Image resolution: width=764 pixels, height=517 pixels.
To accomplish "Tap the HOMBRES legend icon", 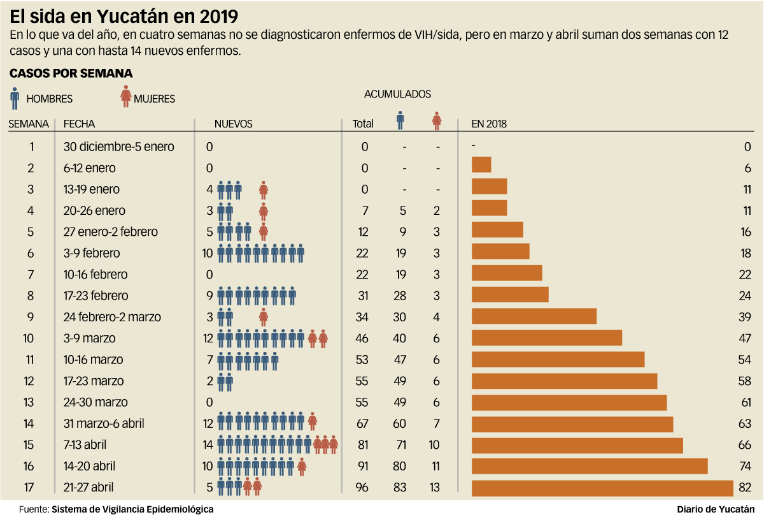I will (15, 98).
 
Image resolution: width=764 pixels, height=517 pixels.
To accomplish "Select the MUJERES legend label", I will (154, 99).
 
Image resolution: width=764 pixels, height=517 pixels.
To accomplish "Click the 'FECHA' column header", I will (79, 124).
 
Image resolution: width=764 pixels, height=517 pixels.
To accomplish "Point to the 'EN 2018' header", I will (489, 124).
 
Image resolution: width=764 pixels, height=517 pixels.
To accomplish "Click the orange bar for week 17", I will (602, 488).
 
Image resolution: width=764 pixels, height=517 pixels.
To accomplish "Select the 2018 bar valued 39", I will (534, 317).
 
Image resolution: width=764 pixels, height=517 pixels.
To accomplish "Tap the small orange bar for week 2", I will (481, 164).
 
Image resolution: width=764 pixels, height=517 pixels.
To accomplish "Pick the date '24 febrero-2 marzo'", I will (112, 317).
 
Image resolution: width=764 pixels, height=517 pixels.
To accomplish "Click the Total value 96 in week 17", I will (362, 488).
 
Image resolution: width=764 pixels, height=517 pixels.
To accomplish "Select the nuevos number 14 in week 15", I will (207, 444).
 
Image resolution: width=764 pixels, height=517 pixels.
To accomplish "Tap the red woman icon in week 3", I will (263, 189).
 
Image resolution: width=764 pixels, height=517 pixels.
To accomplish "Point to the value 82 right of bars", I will (746, 488).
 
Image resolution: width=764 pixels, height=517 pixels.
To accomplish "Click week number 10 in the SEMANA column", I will (28, 339).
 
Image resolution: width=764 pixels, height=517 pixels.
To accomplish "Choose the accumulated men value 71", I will (400, 444).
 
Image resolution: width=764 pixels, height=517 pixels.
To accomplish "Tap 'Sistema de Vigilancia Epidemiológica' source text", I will (132, 509).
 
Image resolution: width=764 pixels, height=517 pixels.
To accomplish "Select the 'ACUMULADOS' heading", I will (397, 94).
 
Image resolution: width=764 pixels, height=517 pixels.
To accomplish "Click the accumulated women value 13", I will (436, 488).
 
